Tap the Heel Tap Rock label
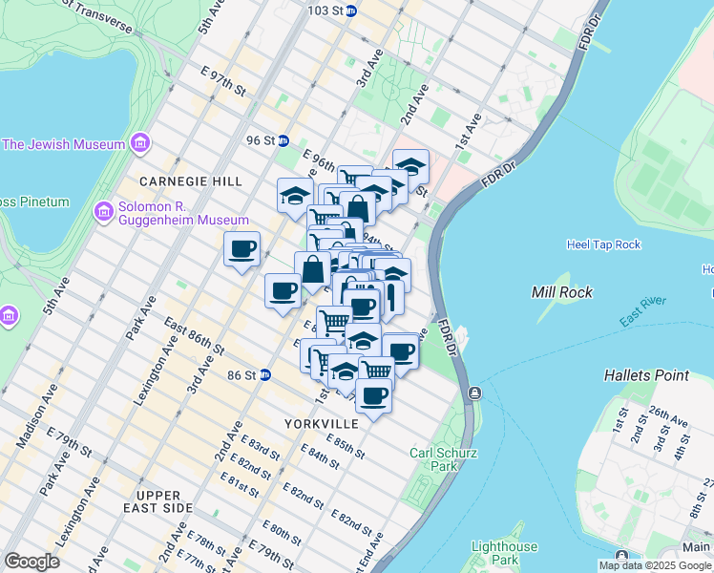tap(603, 244)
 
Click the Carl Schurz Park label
tap(443, 459)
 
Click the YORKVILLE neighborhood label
tap(321, 423)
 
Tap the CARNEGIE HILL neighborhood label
tap(190, 180)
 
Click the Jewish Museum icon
tap(140, 144)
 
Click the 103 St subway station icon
tap(351, 11)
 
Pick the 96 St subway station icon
tap(283, 140)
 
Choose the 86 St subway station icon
tap(265, 375)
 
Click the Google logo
tap(31, 562)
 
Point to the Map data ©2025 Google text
tap(654, 565)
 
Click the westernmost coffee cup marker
tap(241, 250)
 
